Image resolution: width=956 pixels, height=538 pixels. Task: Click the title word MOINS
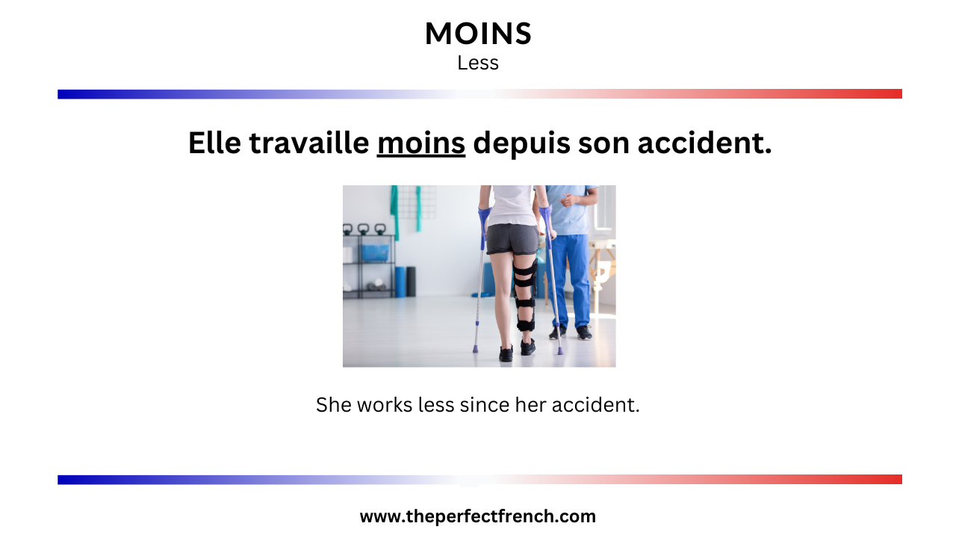[478, 34]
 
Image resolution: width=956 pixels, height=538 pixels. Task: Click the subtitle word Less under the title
[478, 64]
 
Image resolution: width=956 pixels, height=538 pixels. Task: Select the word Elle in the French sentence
[214, 143]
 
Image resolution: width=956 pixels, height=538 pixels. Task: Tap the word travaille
[309, 143]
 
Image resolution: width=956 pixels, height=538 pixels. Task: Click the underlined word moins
[421, 143]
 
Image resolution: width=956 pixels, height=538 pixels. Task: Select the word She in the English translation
[333, 405]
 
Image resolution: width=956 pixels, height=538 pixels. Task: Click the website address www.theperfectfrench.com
[478, 516]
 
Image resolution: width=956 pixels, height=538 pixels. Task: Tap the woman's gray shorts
[512, 238]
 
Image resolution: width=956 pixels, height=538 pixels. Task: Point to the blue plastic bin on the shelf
[375, 253]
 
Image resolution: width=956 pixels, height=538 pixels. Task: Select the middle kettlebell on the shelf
[363, 229]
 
